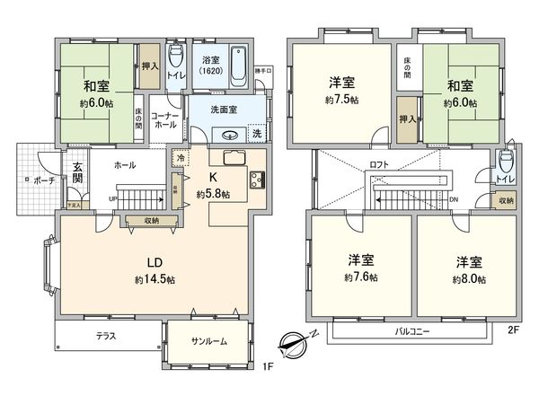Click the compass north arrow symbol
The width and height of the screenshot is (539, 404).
tap(295, 342)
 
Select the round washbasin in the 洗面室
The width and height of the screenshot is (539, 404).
tap(229, 136)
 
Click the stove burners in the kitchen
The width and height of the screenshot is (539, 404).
tap(257, 179)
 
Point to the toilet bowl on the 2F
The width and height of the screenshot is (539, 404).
tap(507, 164)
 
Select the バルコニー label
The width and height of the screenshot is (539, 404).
tap(413, 332)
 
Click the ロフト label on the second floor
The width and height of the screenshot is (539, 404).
tap(379, 165)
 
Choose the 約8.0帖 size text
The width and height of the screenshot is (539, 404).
tap(469, 279)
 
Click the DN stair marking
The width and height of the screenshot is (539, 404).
tap(454, 199)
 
